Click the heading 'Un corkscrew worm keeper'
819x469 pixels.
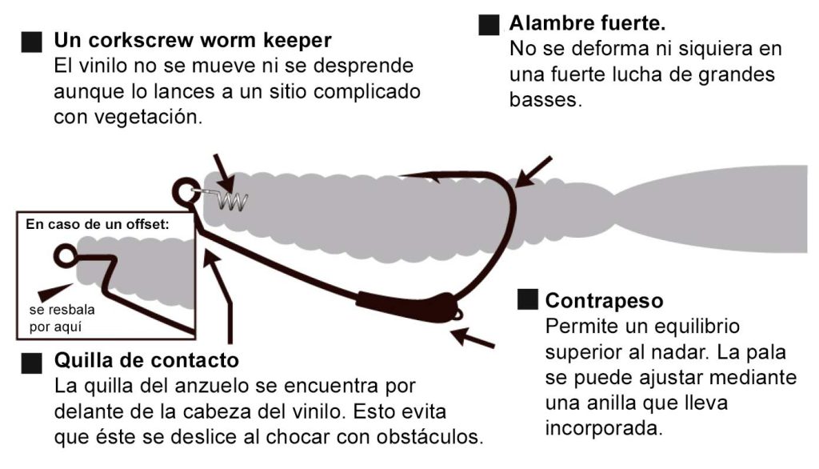tap(192, 39)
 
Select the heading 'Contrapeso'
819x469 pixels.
tap(604, 301)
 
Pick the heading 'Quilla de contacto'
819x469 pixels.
tap(146, 359)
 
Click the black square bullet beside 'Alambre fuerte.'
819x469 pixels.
tap(489, 24)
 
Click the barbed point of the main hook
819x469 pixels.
tap(437, 177)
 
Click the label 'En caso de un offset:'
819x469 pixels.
tap(98, 225)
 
